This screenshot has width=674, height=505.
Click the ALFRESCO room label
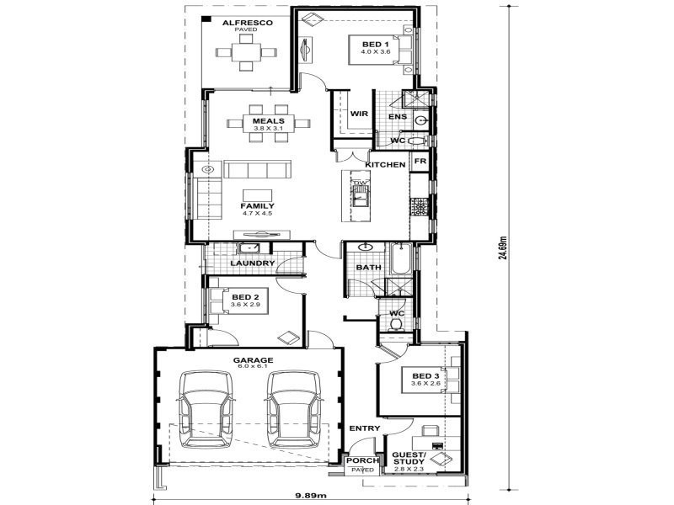247,23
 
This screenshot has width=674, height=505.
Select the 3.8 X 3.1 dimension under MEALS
268,129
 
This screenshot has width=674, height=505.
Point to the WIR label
359,114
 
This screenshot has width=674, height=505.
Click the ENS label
398,117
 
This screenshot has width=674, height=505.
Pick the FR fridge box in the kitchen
420,161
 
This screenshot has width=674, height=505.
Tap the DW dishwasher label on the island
361,183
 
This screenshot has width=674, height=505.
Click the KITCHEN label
385,164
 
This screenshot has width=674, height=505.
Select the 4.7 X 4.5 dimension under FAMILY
257,214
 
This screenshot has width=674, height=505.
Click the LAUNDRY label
252,263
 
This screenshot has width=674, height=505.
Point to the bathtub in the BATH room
401,258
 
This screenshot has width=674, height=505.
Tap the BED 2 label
245,297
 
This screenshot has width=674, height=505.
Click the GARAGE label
254,360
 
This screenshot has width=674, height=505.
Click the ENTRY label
365,428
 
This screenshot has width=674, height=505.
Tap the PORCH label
363,460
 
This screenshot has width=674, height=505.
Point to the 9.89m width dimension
311,495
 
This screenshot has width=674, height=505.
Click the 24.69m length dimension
503,247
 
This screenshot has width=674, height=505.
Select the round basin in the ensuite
421,120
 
